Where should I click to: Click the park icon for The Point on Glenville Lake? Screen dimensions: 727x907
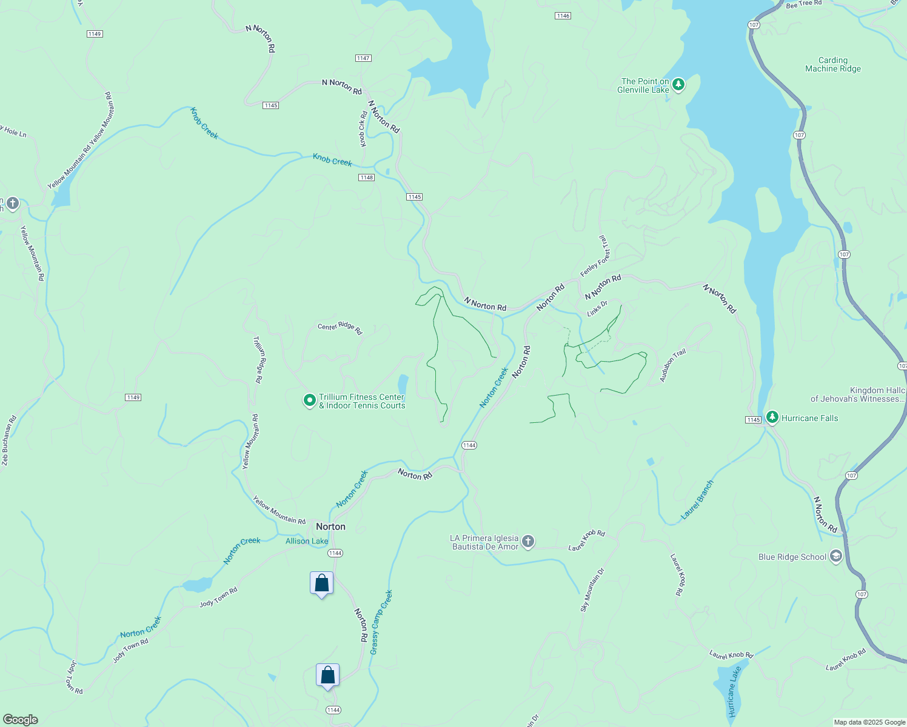[x=678, y=85]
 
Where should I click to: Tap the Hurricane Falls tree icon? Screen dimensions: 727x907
[x=772, y=417]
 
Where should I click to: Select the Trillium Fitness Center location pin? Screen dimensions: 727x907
[x=310, y=400]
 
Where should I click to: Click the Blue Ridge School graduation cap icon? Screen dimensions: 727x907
[x=836, y=557]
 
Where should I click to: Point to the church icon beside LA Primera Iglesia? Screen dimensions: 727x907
[x=528, y=542]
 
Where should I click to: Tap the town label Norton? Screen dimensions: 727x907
[x=330, y=526]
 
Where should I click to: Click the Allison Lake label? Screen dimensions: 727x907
[x=307, y=541]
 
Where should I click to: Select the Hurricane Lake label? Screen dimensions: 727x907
[x=735, y=692]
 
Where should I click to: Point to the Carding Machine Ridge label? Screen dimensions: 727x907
[x=833, y=64]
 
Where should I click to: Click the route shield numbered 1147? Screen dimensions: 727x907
[x=363, y=58]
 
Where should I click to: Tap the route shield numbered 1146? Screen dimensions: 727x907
[x=563, y=16]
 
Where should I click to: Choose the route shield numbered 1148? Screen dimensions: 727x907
[x=366, y=178]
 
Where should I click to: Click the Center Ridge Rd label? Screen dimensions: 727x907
[x=340, y=328]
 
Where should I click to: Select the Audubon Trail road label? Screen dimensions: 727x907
[x=672, y=365]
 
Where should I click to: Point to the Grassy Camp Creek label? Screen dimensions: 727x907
[x=381, y=622]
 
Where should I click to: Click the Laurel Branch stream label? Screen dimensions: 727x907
[x=697, y=500]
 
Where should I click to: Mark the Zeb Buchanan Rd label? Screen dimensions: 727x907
[x=8, y=440]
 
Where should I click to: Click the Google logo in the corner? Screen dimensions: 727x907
[x=21, y=719]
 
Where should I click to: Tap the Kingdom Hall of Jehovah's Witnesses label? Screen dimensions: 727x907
[x=857, y=394]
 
